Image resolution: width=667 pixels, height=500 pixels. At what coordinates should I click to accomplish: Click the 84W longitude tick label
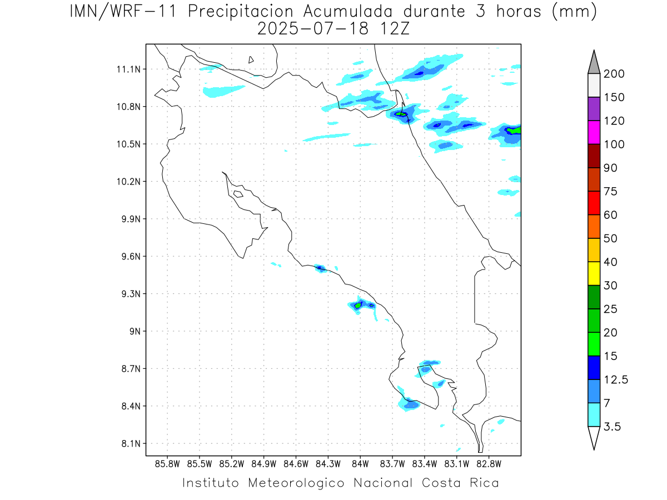coord(360,464)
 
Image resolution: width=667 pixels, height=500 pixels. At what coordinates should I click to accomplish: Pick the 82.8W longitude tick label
coord(489,464)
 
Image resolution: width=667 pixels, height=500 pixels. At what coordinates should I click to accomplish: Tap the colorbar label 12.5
coord(616,379)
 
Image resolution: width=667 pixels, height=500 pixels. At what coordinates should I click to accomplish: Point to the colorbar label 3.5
coord(613,427)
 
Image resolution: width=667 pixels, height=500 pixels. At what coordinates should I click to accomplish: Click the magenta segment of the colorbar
coord(594,132)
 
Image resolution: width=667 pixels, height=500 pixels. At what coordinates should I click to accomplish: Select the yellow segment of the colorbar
coord(594,273)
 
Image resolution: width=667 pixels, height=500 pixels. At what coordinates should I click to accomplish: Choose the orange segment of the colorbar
coord(594,226)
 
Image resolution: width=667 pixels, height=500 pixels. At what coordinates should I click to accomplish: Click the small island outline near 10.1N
coord(238,194)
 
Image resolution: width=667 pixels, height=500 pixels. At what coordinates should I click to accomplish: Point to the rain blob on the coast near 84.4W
coord(320,268)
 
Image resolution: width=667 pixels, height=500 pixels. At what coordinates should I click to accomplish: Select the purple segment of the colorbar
coord(594,109)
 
